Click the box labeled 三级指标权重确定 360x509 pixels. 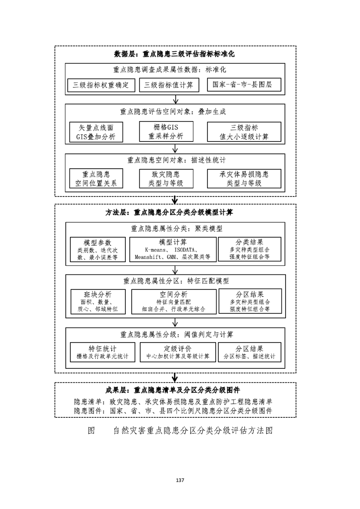pos(101,85)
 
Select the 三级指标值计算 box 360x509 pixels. pos(168,85)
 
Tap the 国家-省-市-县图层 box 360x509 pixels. pos(244,85)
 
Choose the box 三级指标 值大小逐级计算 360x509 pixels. pos(244,132)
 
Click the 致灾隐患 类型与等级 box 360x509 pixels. pos(166,179)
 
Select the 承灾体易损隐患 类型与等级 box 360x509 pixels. pos(244,179)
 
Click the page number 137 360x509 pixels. pos(180,480)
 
